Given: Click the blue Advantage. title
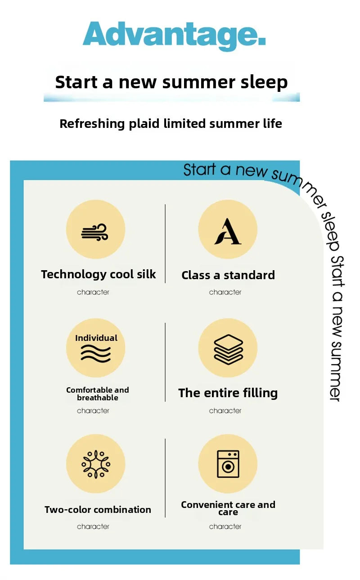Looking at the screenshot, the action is (x=174, y=36).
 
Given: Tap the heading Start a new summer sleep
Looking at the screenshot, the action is (x=171, y=82).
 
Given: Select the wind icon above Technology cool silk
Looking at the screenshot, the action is (x=94, y=232).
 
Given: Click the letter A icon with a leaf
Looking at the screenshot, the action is (x=228, y=231).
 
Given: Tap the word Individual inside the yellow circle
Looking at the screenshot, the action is (x=96, y=338).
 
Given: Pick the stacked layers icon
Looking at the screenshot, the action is (x=228, y=349).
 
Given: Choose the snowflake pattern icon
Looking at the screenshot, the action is (x=96, y=464).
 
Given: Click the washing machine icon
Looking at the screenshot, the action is (x=228, y=464).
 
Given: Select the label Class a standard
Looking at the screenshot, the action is (x=228, y=275).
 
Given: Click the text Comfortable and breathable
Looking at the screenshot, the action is (x=98, y=394).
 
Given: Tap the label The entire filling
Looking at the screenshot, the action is (x=228, y=393).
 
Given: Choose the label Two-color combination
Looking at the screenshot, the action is (x=98, y=510).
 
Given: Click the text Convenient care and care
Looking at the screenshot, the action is (x=228, y=508).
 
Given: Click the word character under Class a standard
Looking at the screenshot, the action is (x=225, y=292).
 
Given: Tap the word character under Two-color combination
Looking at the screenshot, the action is (x=93, y=526).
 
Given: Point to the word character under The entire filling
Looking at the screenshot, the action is (x=225, y=411).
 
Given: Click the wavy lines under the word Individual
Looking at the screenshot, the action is (x=96, y=353).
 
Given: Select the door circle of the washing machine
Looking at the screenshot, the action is (x=228, y=467).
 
